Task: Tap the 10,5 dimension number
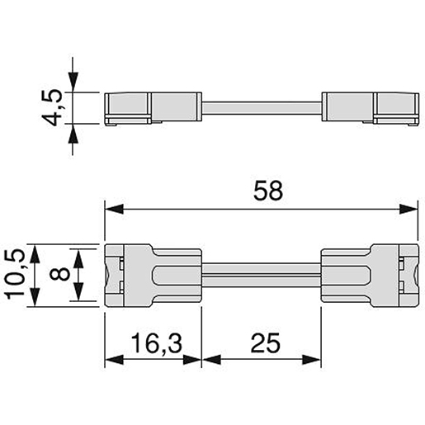click(17, 276)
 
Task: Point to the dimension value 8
click(59, 276)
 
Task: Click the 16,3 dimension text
click(153, 341)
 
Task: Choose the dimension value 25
click(262, 341)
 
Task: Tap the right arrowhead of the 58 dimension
click(409, 209)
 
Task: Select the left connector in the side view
click(153, 108)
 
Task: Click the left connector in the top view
click(153, 276)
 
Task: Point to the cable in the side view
click(262, 108)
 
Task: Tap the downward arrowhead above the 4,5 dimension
click(73, 83)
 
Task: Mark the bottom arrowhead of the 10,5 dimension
click(36, 298)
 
